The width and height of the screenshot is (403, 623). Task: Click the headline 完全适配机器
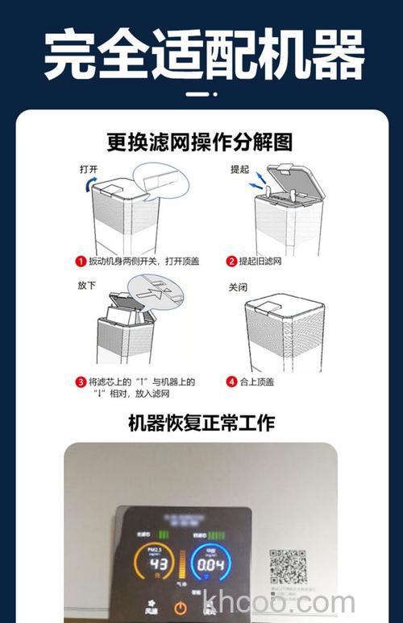tap(201, 55)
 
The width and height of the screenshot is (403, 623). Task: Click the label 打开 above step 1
tap(88, 170)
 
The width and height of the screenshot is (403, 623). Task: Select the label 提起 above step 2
tap(240, 170)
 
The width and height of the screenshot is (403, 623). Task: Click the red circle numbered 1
tap(81, 262)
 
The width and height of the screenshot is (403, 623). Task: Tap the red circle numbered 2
tap(231, 262)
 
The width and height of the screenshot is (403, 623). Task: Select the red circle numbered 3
tap(81, 382)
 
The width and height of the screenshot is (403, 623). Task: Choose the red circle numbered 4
tap(231, 382)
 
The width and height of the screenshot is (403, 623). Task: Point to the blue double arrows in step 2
tap(257, 187)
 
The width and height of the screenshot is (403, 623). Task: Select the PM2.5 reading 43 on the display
tap(158, 564)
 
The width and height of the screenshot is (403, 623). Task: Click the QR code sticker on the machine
tap(287, 567)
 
